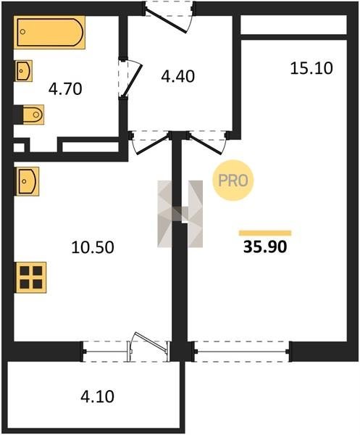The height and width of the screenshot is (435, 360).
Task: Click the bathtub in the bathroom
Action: (49, 32)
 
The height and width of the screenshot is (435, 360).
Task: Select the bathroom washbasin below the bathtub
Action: (23, 71)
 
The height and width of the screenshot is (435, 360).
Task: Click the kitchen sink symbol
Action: (27, 181)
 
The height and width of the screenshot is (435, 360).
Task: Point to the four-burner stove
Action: (30, 277)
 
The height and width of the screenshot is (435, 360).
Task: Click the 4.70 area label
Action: (65, 89)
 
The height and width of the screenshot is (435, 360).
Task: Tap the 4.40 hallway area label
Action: (178, 77)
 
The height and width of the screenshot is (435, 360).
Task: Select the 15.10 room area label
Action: (311, 68)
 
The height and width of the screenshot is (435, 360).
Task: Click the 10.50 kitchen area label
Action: (93, 247)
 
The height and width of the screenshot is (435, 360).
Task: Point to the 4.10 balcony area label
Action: (97, 397)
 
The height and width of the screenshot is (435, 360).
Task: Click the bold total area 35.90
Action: (265, 247)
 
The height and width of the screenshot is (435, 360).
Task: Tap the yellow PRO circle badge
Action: (233, 181)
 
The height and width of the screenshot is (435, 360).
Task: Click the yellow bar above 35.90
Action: (265, 233)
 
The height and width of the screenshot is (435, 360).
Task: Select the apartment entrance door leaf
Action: (166, 21)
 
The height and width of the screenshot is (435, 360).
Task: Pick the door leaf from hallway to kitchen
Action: (153, 144)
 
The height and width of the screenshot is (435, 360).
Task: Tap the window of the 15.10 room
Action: (242, 352)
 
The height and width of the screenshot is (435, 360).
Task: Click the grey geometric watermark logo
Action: (180, 214)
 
